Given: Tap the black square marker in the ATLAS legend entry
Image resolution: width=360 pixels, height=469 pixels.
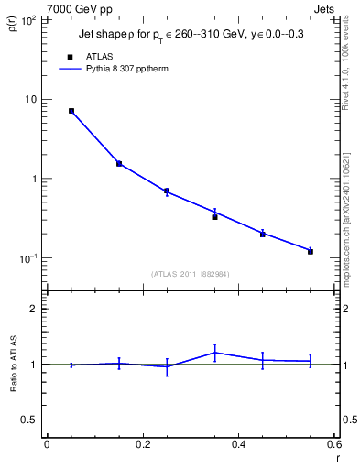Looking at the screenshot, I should (x=71, y=56).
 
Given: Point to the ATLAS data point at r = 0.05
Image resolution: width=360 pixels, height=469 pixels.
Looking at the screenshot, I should (x=71, y=111).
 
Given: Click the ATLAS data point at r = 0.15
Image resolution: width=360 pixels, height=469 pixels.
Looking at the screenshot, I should (x=119, y=164).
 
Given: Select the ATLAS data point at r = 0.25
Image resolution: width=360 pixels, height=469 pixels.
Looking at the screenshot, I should (x=167, y=191).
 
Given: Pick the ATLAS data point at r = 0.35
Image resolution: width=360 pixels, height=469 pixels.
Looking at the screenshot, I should (x=214, y=217).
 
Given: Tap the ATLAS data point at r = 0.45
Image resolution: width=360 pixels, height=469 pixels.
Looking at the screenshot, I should (x=262, y=234).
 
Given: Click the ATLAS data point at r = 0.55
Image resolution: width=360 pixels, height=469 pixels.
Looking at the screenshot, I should (x=311, y=251).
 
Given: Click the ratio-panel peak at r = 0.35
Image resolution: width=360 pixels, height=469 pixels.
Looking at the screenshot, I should (x=214, y=352).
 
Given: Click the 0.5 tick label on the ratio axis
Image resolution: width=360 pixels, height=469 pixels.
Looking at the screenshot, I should (x=29, y=420).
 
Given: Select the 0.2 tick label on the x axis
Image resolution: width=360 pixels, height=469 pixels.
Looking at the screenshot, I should (x=142, y=444).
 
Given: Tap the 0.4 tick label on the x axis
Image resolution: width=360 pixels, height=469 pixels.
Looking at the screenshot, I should (x=238, y=444).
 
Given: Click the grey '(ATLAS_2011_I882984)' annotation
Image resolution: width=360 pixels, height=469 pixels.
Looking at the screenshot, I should (x=191, y=274).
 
